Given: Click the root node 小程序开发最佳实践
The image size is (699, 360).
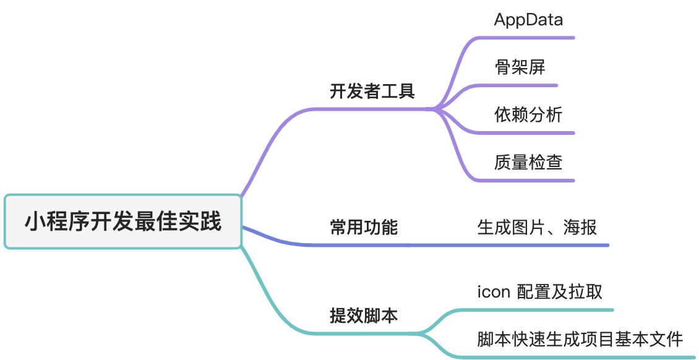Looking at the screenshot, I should coord(122,221).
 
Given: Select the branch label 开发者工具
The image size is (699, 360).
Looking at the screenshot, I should coord(372,92).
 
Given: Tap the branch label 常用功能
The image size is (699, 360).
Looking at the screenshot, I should coord(364,228).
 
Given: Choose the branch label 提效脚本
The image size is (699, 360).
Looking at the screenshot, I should coord(364,316).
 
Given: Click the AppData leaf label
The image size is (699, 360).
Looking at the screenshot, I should coord(528,20).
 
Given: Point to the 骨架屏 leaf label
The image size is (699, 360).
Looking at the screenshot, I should coord(520,67).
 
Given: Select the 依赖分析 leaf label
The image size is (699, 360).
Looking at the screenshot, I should coord(528,114).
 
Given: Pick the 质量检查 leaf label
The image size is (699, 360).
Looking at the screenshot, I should coord(528,162).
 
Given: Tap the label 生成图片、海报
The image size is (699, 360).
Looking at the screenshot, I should coord(537,228).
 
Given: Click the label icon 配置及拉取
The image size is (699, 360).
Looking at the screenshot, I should coord(539,291).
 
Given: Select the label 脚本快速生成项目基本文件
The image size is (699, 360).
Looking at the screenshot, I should coord(580,339).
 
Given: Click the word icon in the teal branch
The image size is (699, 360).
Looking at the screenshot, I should coord(493,291).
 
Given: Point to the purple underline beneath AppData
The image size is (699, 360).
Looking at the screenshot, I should coord(526,38).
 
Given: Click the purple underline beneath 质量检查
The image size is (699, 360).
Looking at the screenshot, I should coord(526,181).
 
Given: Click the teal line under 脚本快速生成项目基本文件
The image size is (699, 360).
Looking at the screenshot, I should coord(581,357).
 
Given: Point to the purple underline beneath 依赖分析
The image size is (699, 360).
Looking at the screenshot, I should coord(526,132).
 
